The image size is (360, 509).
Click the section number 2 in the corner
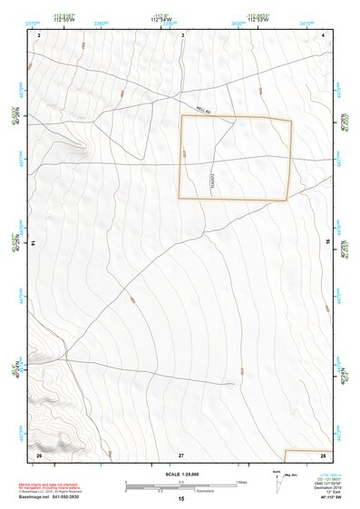[x=39, y=34]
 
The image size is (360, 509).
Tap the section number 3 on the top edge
[x=182, y=34]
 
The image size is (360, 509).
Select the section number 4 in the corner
[x=324, y=34]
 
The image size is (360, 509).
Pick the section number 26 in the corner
[x=38, y=453]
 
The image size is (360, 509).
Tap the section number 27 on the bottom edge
[x=181, y=453]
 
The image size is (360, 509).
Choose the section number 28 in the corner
[x=323, y=453]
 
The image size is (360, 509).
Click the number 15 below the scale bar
[x=181, y=498]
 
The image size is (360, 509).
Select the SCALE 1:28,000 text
[x=181, y=474]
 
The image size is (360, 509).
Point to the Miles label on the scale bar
[x=241, y=481]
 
